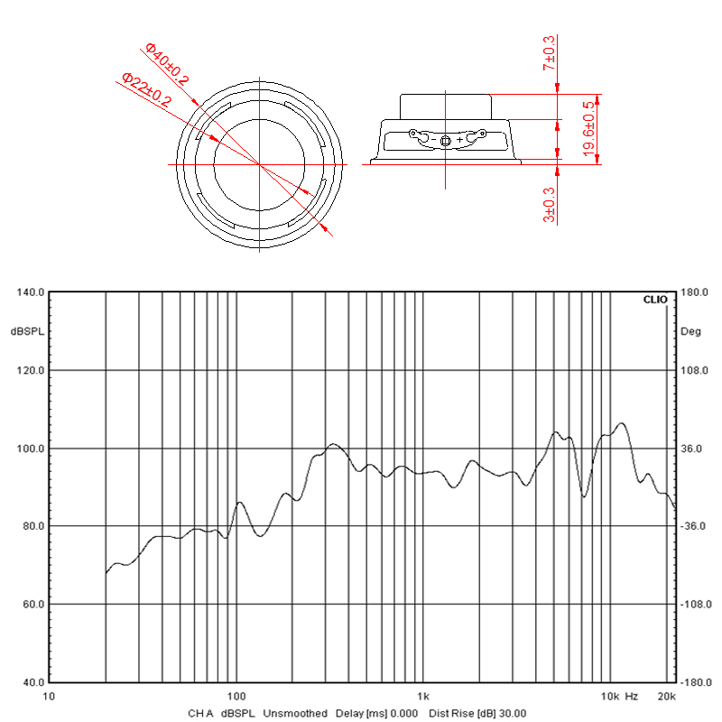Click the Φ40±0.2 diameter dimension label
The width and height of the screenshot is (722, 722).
(x=167, y=63)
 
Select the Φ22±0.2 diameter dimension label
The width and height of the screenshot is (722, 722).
(x=146, y=89)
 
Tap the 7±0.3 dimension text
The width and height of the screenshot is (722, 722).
(x=549, y=53)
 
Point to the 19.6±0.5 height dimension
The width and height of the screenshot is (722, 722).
(x=588, y=129)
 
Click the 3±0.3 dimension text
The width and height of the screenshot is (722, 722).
(x=549, y=205)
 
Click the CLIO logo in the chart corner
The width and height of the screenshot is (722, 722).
(x=655, y=300)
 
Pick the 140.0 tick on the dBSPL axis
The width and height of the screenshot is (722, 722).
(x=31, y=292)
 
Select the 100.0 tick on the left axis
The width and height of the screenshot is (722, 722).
(x=31, y=449)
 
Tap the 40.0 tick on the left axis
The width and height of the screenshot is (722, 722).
(x=33, y=682)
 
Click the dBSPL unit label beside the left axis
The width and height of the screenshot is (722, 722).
(x=28, y=331)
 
